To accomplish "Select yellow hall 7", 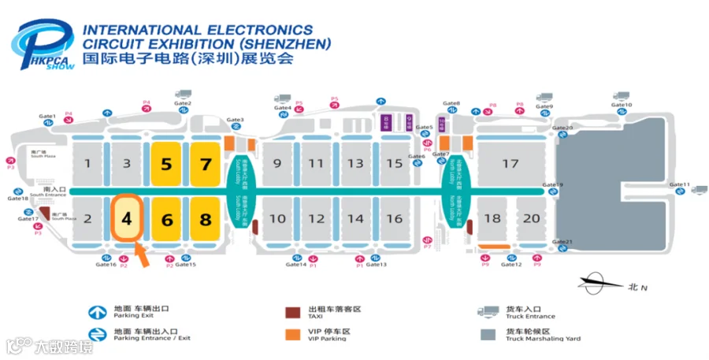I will tap(206, 164).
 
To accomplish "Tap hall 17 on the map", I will tap(510, 164).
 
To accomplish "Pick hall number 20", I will tap(532, 218).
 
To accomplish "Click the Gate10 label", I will tap(622, 105).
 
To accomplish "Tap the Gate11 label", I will tap(679, 185).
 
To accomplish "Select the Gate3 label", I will tap(236, 121).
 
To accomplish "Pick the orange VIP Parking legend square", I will tap(292, 334).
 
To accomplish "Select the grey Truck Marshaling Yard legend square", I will tap(489, 334).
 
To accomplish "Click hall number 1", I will tap(88, 164).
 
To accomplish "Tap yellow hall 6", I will tap(167, 219).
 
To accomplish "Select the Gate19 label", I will tap(554, 185).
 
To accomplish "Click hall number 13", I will tap(356, 164).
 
